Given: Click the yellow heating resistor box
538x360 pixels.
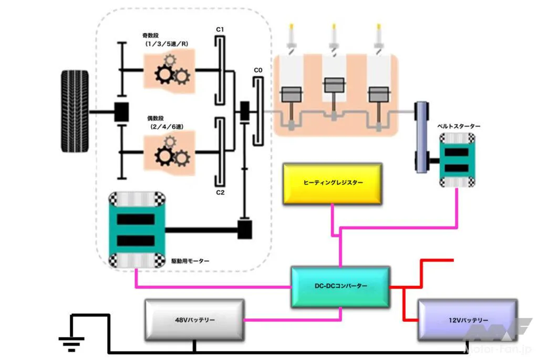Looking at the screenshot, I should pos(333,183).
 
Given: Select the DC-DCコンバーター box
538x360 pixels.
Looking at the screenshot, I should pos(340,286).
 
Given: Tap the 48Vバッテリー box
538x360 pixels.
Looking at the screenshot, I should pos(194,320).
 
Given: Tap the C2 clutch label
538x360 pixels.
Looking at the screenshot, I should pos(220,192).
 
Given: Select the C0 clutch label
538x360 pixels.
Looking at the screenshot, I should pos(257,70).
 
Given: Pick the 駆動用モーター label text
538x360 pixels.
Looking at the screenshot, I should pos(191,261).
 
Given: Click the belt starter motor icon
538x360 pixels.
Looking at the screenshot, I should pos(457,160).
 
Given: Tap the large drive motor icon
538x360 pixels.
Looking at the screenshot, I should pos(137,229).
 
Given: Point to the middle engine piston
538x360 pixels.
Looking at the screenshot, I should pos(333,86).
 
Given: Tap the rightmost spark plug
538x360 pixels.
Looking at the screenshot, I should pos(379,37).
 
